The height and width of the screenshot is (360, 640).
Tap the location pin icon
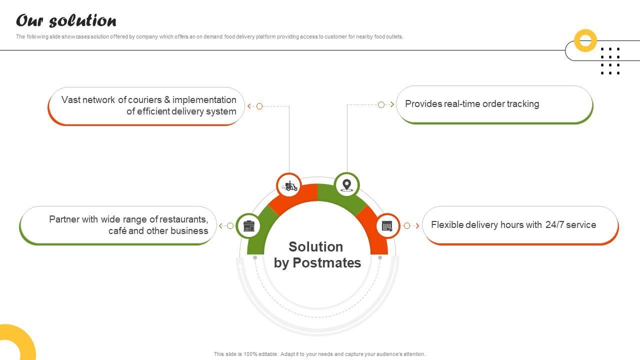(x=346, y=185)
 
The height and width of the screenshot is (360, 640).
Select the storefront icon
(x=248, y=226)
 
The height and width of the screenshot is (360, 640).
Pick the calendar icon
(x=387, y=226)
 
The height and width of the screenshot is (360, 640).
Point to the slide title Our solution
(x=66, y=21)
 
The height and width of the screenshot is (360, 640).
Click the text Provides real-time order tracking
(x=472, y=104)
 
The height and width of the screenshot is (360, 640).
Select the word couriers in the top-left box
(x=145, y=100)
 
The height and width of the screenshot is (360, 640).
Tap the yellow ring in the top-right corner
(x=585, y=40)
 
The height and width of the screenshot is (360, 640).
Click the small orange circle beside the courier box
(x=259, y=106)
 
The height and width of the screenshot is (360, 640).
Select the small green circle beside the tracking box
(x=381, y=104)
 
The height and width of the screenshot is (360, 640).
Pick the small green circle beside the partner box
(x=230, y=226)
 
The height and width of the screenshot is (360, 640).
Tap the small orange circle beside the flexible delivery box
(x=407, y=226)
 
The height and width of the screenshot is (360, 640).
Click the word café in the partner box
(x=117, y=231)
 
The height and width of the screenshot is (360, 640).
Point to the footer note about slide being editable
(x=319, y=354)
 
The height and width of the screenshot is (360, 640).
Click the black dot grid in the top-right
(x=610, y=61)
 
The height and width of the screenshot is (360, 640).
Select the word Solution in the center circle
(x=315, y=247)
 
